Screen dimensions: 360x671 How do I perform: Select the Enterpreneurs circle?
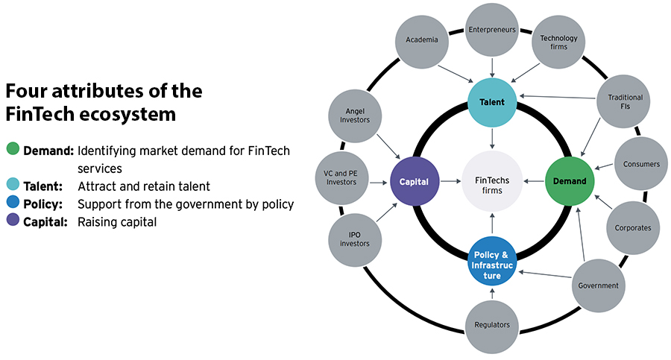tap(492, 30)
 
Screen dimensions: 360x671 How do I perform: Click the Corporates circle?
tap(632, 227)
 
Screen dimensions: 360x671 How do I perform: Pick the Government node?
tap(598, 285)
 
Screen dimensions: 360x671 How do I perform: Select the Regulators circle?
tap(491, 324)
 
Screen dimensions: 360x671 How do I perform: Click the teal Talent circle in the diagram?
tap(491, 103)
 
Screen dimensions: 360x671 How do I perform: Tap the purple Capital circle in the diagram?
tap(413, 180)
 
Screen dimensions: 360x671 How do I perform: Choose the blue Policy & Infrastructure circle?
tap(491, 261)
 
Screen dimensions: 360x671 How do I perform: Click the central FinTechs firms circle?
tap(491, 180)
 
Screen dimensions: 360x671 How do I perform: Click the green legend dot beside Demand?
tap(12, 150)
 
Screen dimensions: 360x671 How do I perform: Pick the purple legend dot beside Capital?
tap(12, 222)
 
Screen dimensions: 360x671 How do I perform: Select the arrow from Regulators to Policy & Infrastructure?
tap(491, 293)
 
